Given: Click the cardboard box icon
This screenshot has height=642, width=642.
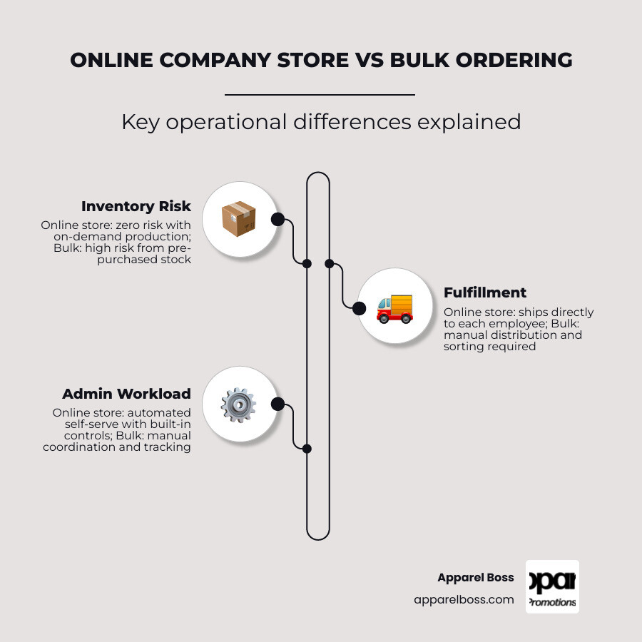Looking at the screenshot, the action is pyautogui.click(x=239, y=219).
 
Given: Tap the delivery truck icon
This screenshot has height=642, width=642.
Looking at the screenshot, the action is pyautogui.click(x=394, y=309).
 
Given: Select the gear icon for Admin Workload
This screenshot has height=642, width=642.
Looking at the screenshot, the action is pyautogui.click(x=238, y=405).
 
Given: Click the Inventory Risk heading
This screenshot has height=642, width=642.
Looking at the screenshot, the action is pyautogui.click(x=136, y=206).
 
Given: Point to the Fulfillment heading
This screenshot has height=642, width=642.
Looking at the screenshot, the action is pyautogui.click(x=485, y=292).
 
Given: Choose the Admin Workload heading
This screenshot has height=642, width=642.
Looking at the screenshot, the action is pyautogui.click(x=126, y=394).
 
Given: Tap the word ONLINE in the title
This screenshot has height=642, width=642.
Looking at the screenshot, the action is pyautogui.click(x=111, y=60).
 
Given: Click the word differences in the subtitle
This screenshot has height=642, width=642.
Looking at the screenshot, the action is pyautogui.click(x=352, y=121).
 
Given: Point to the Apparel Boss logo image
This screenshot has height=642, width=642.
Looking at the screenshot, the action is pyautogui.click(x=552, y=587).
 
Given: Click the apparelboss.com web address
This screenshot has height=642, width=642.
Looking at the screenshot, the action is pyautogui.click(x=464, y=600).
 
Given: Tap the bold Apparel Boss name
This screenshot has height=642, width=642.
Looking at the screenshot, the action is pyautogui.click(x=476, y=577).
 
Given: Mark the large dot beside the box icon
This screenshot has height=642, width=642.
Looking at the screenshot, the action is pyautogui.click(x=277, y=220).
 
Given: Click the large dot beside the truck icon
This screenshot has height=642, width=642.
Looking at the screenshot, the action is pyautogui.click(x=359, y=308).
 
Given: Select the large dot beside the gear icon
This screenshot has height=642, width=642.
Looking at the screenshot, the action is pyautogui.click(x=277, y=404).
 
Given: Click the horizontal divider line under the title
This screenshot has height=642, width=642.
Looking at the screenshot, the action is pyautogui.click(x=320, y=95).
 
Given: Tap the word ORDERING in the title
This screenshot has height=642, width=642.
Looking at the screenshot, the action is pyautogui.click(x=514, y=60).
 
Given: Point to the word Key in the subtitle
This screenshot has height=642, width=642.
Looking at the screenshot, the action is pyautogui.click(x=141, y=121).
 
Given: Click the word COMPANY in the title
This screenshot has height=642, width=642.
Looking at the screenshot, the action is pyautogui.click(x=215, y=60).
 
